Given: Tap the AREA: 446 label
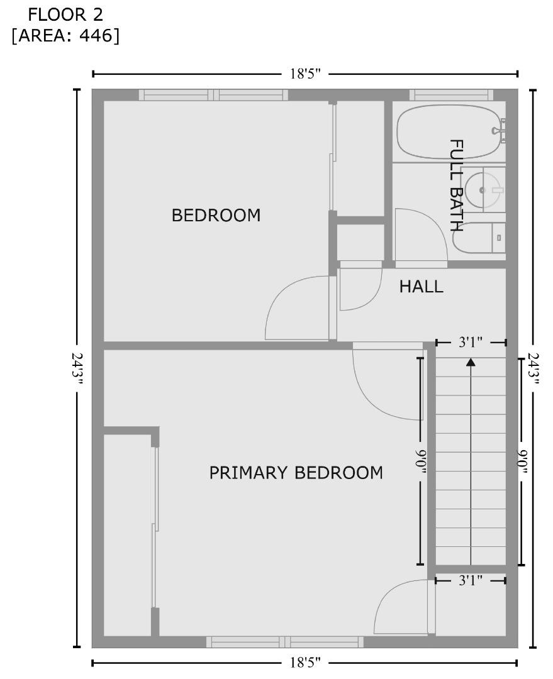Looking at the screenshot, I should pos(65,36).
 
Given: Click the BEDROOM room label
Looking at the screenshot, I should pos(216,216).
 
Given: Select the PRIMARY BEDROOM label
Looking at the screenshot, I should pos(296,473).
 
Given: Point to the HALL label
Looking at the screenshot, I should pos(421,287).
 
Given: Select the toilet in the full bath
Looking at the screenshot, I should pos(478,238).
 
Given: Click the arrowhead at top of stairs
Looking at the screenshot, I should pos(471,362).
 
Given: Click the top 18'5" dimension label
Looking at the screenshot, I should pos(305,74).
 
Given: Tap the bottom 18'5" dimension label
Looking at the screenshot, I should pos(305,663).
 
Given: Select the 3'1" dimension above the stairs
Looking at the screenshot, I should pos(470,343).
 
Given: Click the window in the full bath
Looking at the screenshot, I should pos(451,95).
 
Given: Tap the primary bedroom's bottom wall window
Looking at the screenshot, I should pos(285,642).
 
